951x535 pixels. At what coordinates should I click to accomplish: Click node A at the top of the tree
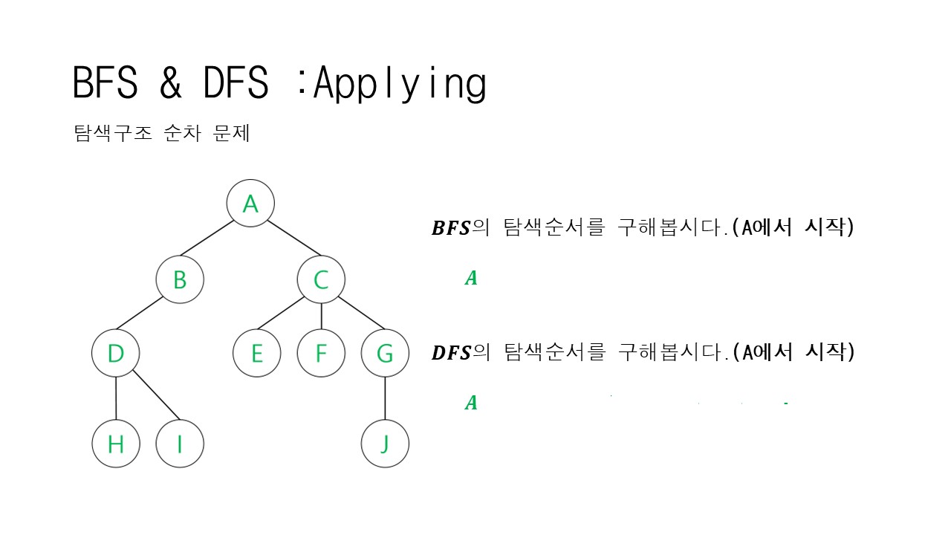pyautogui.click(x=250, y=204)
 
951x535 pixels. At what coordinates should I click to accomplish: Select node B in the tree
pyautogui.click(x=180, y=279)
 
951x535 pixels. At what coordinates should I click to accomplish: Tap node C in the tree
pyautogui.click(x=321, y=279)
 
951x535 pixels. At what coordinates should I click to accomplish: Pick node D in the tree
pyautogui.click(x=116, y=354)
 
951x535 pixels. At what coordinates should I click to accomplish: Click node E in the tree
pyautogui.click(x=256, y=354)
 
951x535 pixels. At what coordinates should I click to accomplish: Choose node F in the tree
pyautogui.click(x=321, y=354)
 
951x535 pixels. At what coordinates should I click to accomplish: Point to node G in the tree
pyautogui.click(x=385, y=354)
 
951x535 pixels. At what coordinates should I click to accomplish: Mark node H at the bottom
pyautogui.click(x=116, y=444)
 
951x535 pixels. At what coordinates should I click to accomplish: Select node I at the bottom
pyautogui.click(x=180, y=444)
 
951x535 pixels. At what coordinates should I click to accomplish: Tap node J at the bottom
pyautogui.click(x=385, y=444)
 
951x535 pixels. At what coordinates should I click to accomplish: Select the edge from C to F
pyautogui.click(x=321, y=317)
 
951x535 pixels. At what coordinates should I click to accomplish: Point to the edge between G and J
pyautogui.click(x=385, y=399)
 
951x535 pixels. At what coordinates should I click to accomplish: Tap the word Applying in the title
pyautogui.click(x=400, y=83)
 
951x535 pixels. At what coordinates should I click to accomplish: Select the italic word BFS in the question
pyautogui.click(x=451, y=229)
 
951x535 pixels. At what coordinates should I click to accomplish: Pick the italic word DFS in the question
pyautogui.click(x=451, y=353)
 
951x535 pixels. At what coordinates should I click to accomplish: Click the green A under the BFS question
pyautogui.click(x=471, y=279)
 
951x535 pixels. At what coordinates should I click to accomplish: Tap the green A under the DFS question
pyautogui.click(x=471, y=403)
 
